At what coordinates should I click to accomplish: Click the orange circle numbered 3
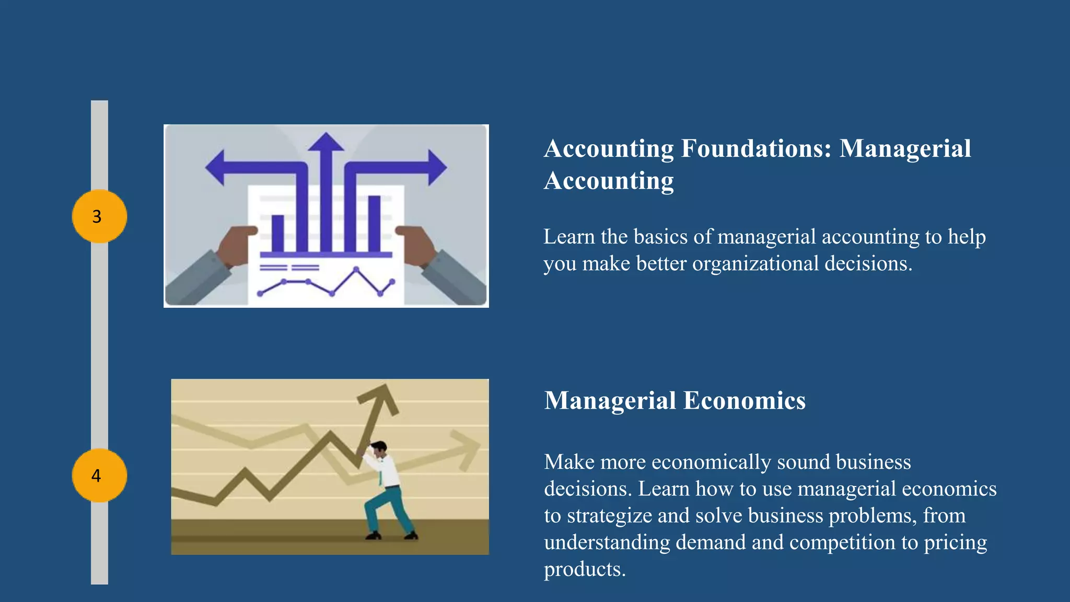coord(99,216)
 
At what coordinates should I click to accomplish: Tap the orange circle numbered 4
coord(99,476)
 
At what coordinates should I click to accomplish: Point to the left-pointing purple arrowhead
coord(216,168)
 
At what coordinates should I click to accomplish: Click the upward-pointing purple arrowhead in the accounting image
coord(326,142)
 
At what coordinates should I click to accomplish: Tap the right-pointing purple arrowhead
coord(437,168)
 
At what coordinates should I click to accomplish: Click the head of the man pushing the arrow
coord(378,449)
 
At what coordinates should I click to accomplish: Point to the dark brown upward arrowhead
coord(380,399)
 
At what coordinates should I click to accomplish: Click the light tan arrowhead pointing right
coord(466,449)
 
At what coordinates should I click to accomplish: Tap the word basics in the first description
coord(660,237)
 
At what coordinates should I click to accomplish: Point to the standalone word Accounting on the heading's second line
coord(609,181)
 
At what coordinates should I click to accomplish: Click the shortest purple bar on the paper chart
coord(278,233)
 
